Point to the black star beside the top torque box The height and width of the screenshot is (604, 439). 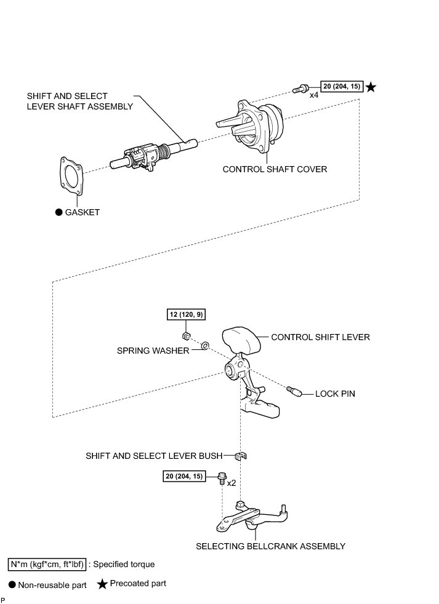click(371, 87)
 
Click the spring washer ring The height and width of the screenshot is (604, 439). click(205, 344)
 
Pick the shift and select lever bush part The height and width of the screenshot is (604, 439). click(242, 457)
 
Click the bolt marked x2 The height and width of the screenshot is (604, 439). click(222, 478)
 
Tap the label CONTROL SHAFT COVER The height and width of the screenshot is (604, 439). click(275, 169)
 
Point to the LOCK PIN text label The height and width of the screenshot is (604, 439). click(335, 393)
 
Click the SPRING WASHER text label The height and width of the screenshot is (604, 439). click(153, 350)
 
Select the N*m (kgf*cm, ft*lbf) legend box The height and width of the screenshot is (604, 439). click(47, 563)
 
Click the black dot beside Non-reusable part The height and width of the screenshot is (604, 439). click(12, 586)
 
